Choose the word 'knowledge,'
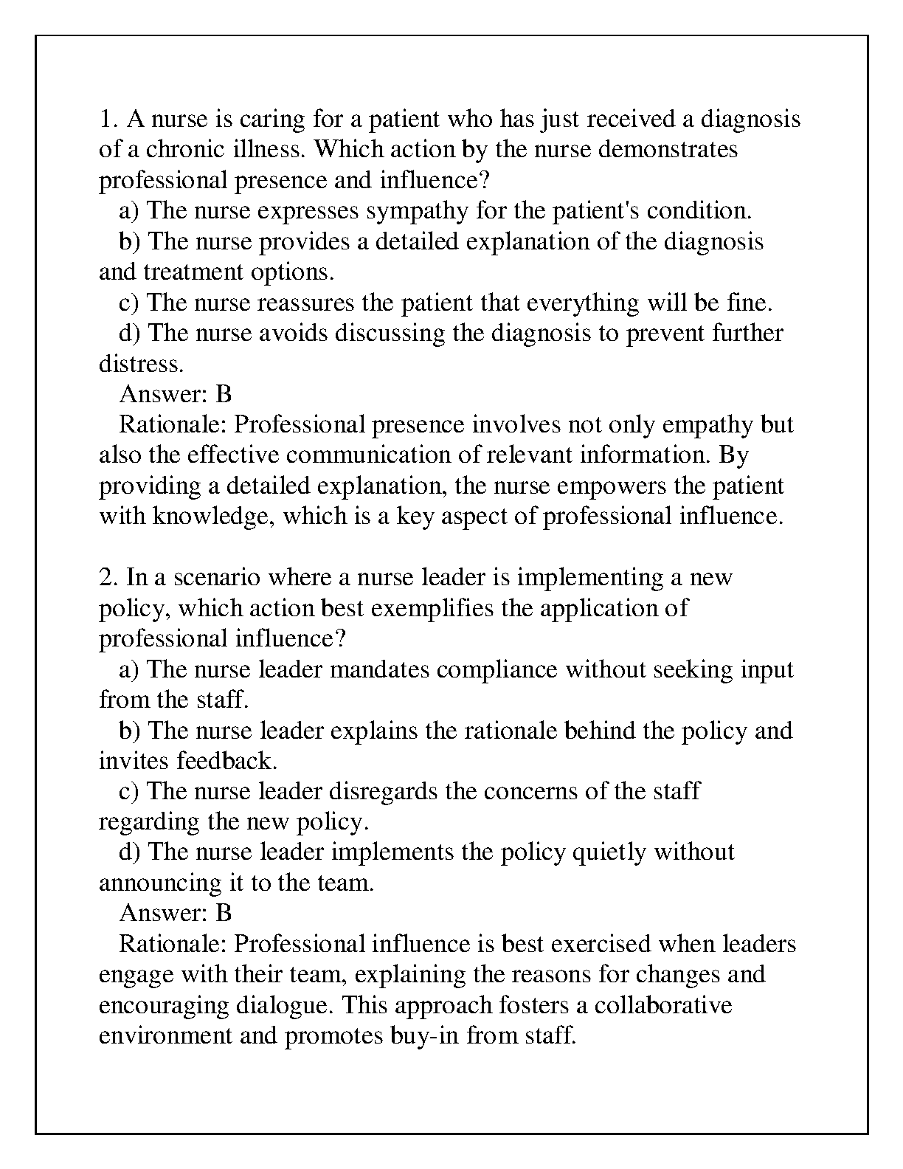pos(214,517)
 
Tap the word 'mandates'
pos(380,669)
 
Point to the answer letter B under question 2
pos(224,914)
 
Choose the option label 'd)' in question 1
pos(130,334)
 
